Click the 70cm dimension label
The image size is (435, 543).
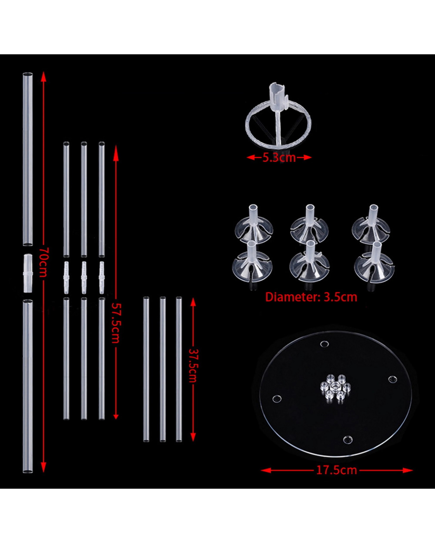click(x=43, y=262)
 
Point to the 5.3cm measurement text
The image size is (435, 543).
click(x=279, y=158)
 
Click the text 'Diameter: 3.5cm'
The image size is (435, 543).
click(x=311, y=297)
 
